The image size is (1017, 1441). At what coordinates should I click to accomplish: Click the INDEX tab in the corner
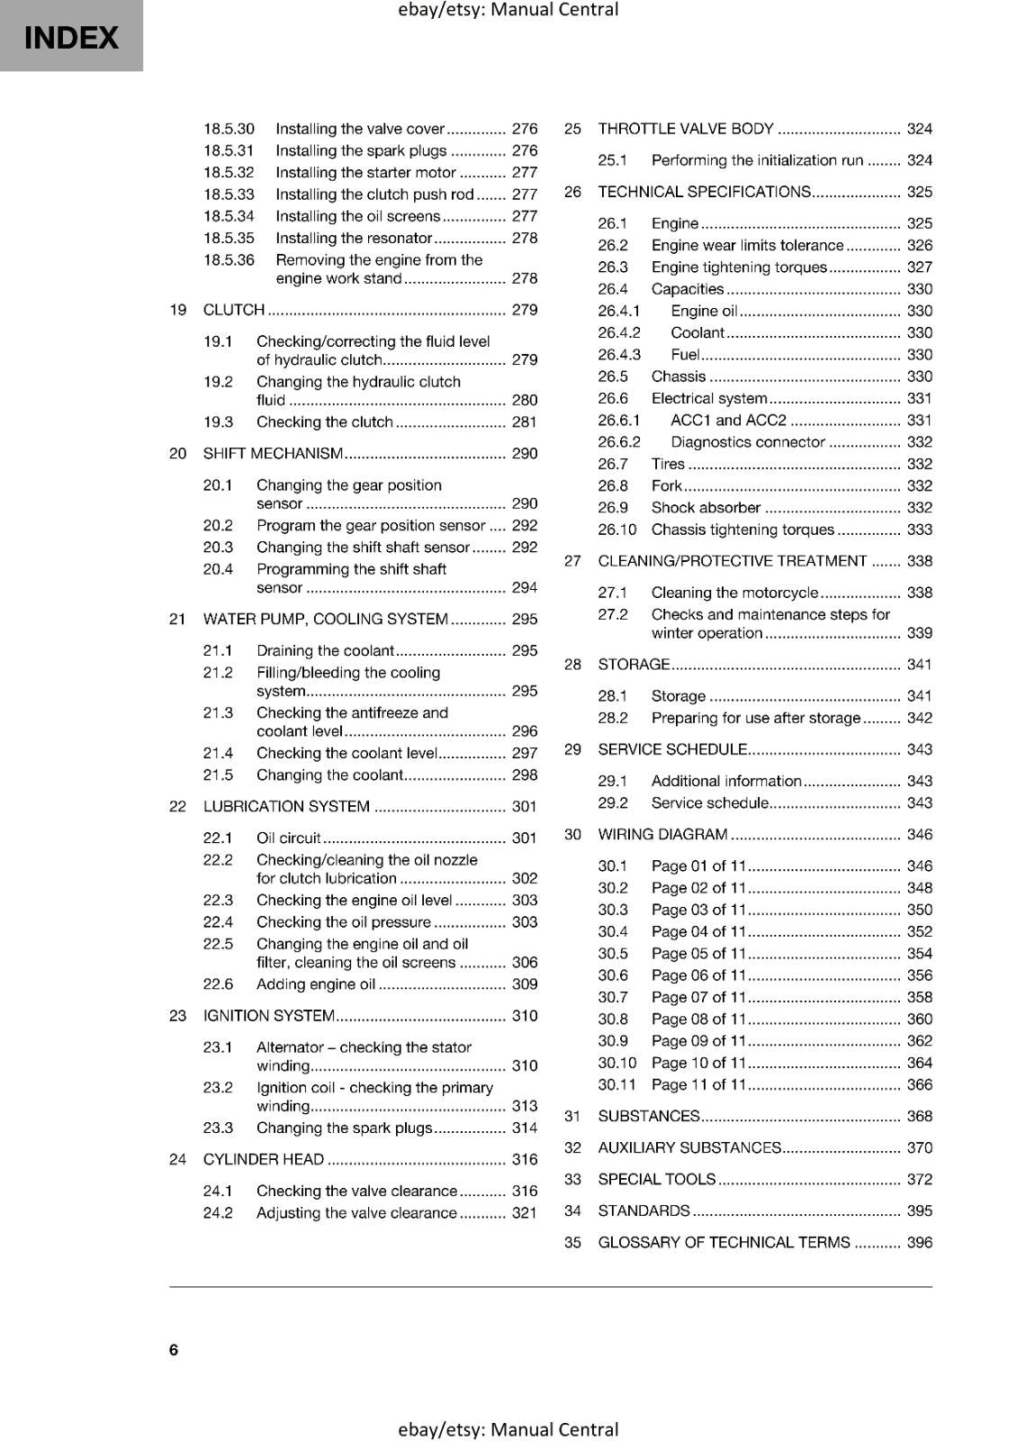(x=70, y=36)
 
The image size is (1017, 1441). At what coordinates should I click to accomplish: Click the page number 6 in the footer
(x=174, y=1349)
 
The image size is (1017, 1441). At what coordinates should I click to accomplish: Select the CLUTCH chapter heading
(x=234, y=310)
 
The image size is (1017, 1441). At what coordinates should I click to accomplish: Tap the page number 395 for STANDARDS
(x=919, y=1210)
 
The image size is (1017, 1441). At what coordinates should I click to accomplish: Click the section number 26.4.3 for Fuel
(x=619, y=355)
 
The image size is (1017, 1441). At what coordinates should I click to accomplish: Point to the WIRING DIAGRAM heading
(x=662, y=835)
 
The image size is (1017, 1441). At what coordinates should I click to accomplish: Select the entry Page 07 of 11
(x=698, y=997)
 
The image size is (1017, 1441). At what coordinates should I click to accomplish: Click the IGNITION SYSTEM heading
(x=268, y=1016)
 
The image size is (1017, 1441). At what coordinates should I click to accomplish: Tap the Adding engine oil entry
(x=316, y=984)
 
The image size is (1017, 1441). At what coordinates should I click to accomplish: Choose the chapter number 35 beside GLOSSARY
(x=572, y=1243)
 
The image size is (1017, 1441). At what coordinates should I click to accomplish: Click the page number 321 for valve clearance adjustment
(x=524, y=1213)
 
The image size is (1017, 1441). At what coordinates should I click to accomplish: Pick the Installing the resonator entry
(x=354, y=239)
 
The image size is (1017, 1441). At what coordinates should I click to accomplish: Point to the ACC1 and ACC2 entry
(x=728, y=421)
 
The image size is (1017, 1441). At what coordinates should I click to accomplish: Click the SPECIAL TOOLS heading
(x=657, y=1180)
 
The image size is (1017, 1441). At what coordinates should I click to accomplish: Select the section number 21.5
(x=218, y=775)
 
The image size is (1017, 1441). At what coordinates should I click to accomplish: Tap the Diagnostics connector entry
(x=747, y=442)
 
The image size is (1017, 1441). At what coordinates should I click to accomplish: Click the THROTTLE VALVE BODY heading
(x=686, y=129)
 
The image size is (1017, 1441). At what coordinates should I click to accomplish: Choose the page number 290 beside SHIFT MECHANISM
(x=524, y=454)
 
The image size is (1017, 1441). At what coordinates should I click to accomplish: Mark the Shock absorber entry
(x=706, y=508)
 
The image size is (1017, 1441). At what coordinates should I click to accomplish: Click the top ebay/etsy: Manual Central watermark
(x=508, y=10)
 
